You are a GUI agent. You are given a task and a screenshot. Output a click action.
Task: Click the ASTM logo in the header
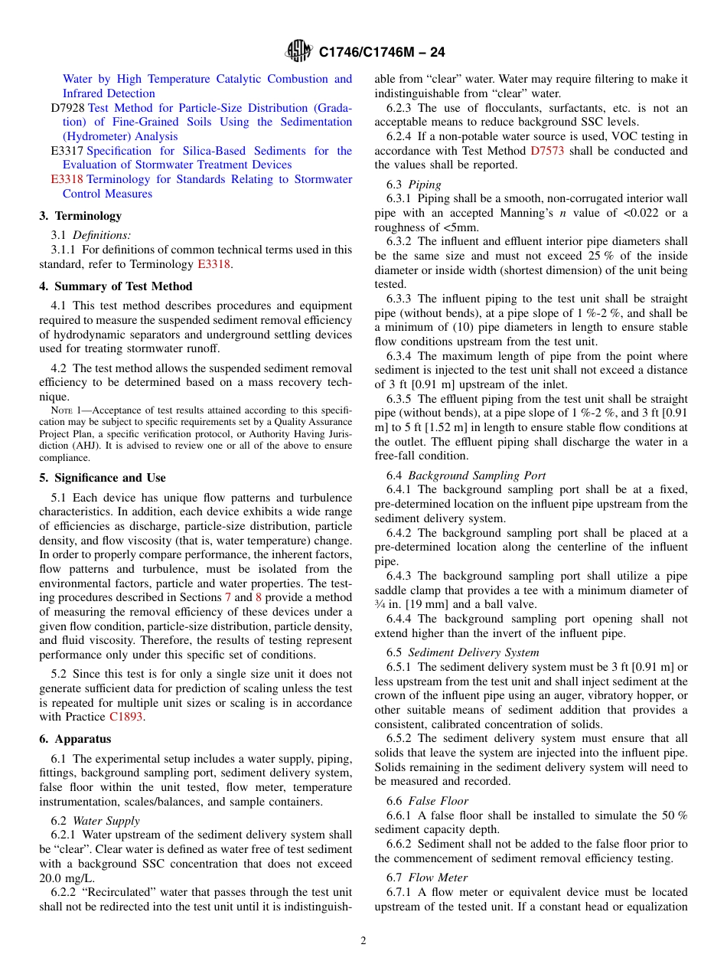[298, 51]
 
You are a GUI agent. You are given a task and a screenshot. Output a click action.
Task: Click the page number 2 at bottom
[363, 940]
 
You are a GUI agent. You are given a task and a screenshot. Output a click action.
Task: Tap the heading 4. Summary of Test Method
[116, 286]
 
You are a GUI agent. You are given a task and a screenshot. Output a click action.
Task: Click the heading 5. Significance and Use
[103, 478]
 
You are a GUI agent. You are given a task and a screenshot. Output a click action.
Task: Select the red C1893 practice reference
[126, 717]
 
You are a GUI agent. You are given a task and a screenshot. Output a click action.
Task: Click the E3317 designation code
[67, 151]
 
